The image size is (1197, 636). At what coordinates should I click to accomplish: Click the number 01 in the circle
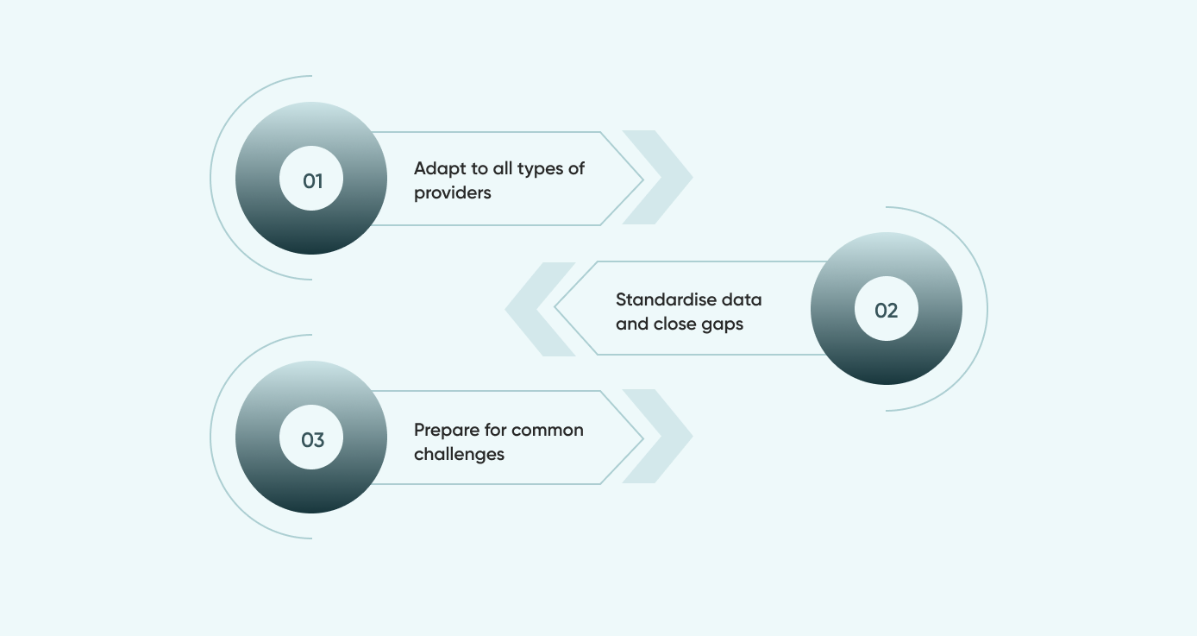pyautogui.click(x=312, y=181)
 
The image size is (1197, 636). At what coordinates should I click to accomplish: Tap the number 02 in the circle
pyautogui.click(x=887, y=311)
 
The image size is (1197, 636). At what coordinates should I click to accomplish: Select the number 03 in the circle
pyautogui.click(x=312, y=440)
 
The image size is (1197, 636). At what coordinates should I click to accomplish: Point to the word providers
pyautogui.click(x=453, y=193)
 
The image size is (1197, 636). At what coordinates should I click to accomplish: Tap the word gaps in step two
pyautogui.click(x=722, y=324)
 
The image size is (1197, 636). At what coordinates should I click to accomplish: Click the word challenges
pyautogui.click(x=459, y=454)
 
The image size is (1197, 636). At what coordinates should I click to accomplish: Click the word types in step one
pyautogui.click(x=540, y=169)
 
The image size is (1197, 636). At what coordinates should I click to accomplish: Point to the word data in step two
pyautogui.click(x=743, y=300)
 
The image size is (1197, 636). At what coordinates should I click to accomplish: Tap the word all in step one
pyautogui.click(x=503, y=169)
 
